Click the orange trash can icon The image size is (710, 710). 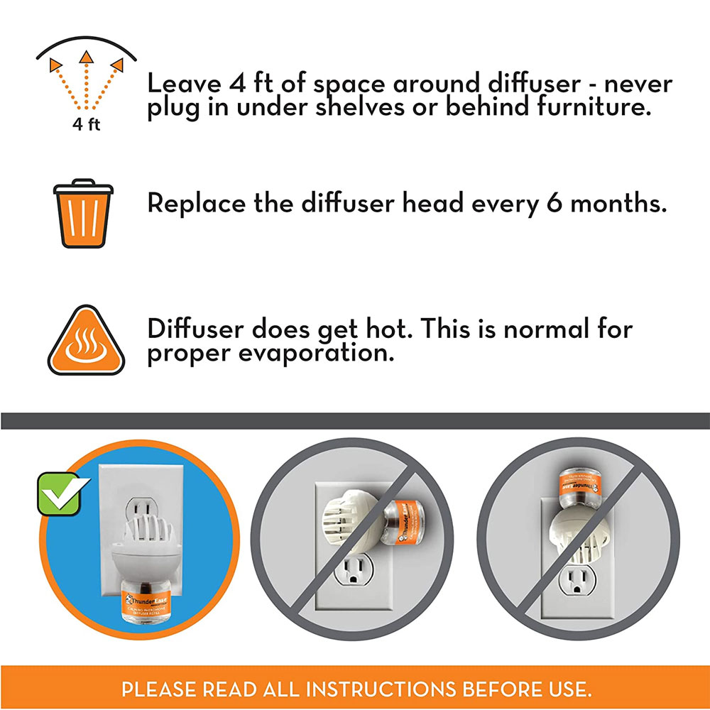(x=84, y=213)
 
